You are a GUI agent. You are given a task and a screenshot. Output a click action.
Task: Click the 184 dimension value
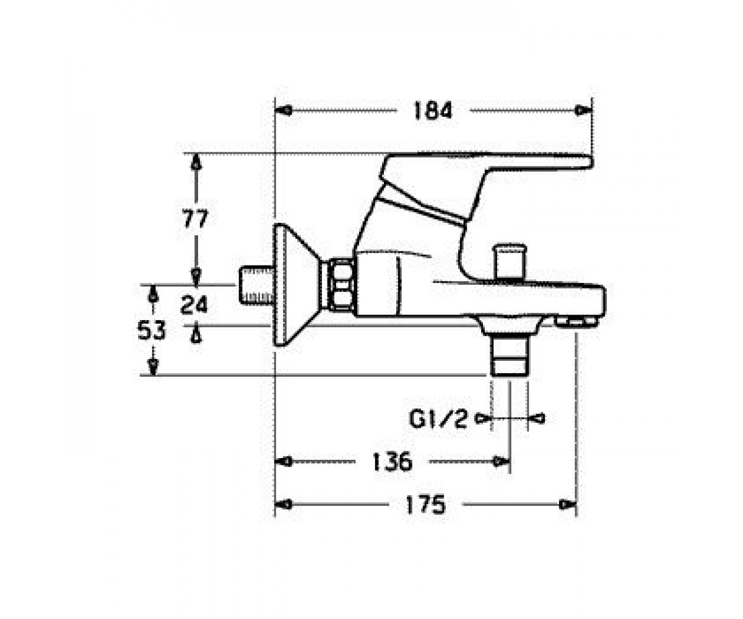pos(433,110)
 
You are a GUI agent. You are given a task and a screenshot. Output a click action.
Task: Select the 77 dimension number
pos(194,219)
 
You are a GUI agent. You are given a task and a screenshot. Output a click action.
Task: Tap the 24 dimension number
pos(194,305)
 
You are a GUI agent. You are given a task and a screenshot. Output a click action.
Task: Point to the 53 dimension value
pos(152,330)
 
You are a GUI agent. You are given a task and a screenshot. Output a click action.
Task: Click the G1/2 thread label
pos(438,419)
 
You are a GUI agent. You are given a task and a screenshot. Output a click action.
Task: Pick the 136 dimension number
pos(392,462)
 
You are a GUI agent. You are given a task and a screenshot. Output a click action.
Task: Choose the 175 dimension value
pos(425,504)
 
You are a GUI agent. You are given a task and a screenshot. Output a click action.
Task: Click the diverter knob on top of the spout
pos(511,262)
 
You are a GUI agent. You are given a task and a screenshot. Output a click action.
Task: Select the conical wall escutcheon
pos(297,284)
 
